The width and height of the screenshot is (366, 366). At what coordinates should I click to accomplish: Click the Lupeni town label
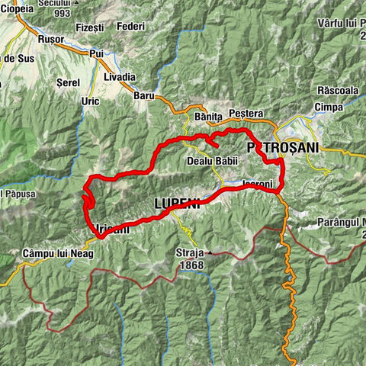coord(177,204)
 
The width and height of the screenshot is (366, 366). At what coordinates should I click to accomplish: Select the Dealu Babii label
coord(213,162)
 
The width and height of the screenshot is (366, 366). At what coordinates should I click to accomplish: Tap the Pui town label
coord(97,54)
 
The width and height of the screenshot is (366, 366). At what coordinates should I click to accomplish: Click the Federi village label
coord(131,27)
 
